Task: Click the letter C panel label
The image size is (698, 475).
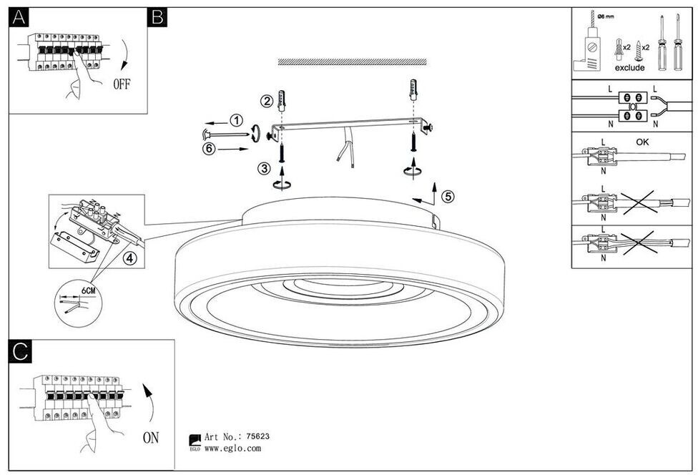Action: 20,351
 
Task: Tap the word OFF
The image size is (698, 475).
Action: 122,84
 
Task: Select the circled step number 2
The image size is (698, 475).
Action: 266,101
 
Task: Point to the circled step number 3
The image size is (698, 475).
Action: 265,168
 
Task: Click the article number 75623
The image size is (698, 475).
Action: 257,436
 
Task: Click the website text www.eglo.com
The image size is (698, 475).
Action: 232,449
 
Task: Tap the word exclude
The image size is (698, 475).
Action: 629,68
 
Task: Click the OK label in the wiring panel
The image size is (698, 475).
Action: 642,142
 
